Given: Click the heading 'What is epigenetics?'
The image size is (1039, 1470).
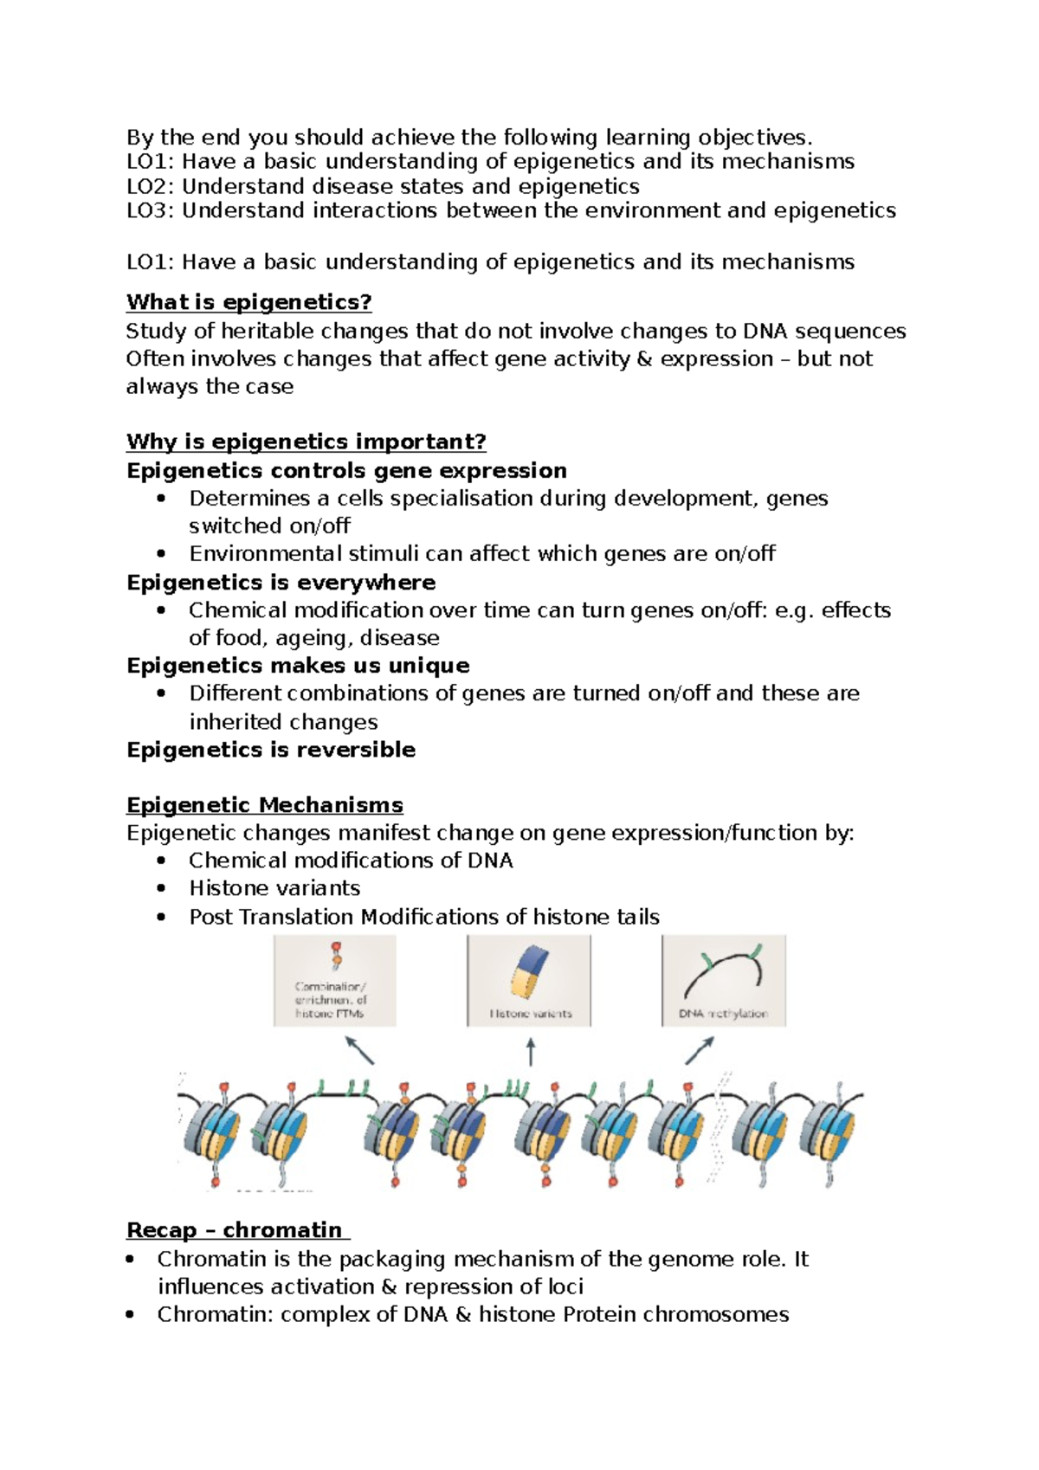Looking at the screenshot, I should pos(248,302).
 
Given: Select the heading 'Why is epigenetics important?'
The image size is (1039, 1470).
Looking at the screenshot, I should pos(306,442).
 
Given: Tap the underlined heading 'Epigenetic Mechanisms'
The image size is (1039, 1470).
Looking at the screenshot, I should pos(264,805).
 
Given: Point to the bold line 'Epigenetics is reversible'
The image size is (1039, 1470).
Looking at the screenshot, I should pos(270,750).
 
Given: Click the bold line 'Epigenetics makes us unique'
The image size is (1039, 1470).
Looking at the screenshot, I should pos(298,666).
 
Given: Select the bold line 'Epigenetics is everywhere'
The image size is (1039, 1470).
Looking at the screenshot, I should pos(281,583).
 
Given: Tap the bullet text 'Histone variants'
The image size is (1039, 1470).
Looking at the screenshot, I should pos(274,888).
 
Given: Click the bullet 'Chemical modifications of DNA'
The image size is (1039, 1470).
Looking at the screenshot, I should pos(351,861).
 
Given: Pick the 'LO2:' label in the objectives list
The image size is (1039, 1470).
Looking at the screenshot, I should pos(151,187).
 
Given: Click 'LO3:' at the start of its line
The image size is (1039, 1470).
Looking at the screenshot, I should pos(151,211).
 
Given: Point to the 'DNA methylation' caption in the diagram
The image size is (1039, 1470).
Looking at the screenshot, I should pos(723,1014).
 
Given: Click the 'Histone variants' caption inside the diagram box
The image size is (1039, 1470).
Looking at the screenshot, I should pos(530,1014).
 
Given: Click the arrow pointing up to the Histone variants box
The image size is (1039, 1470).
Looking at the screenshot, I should pos(531,1053).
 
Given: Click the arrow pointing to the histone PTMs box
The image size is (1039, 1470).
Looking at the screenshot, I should pos(359,1051).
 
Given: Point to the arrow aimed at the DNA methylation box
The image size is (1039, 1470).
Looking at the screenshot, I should pos(700,1050).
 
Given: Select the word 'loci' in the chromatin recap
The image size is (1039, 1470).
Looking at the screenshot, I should pos(564,1286).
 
